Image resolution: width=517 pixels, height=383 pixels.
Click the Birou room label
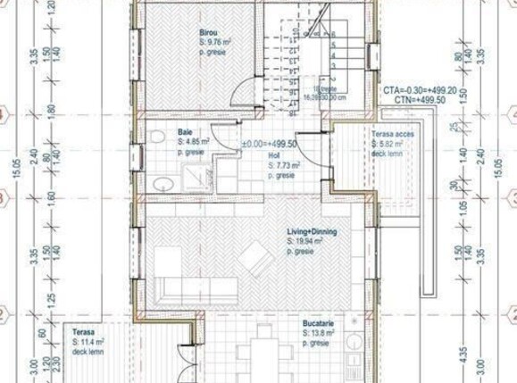208,32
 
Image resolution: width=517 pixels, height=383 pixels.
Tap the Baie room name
184,131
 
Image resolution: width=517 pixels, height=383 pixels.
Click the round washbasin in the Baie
162,184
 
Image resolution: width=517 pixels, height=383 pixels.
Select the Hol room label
275,155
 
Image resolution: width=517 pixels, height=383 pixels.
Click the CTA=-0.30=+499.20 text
419,91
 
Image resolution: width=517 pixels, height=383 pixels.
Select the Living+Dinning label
312,231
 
